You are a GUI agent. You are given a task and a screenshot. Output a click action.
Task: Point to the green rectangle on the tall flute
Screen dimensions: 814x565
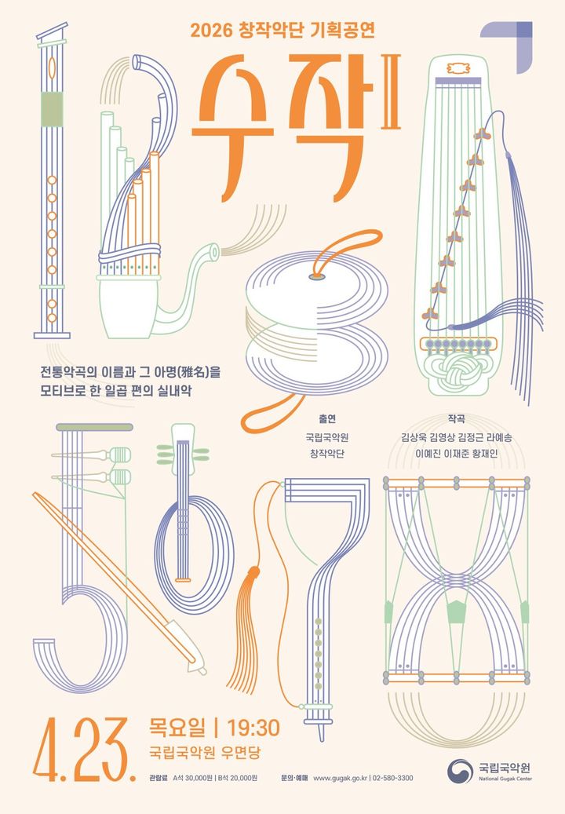point(52,108)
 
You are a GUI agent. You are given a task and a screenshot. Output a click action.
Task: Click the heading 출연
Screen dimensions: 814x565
point(327,418)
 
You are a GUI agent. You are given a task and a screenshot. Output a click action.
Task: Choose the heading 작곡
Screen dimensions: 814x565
point(455,418)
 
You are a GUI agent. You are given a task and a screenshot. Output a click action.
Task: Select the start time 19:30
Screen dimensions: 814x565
point(253,728)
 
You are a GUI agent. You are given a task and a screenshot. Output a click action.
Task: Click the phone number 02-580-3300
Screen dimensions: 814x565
point(392,778)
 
